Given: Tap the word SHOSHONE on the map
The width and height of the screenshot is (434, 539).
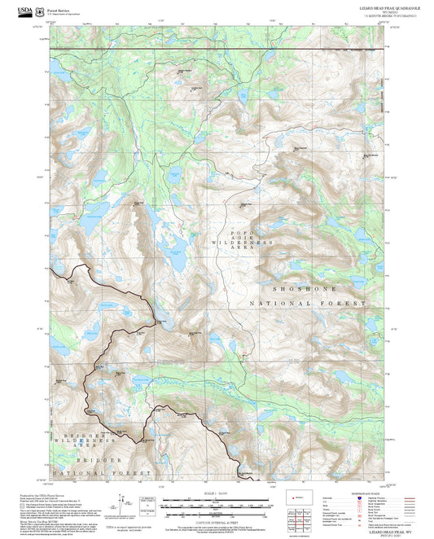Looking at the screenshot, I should (x=302, y=287).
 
